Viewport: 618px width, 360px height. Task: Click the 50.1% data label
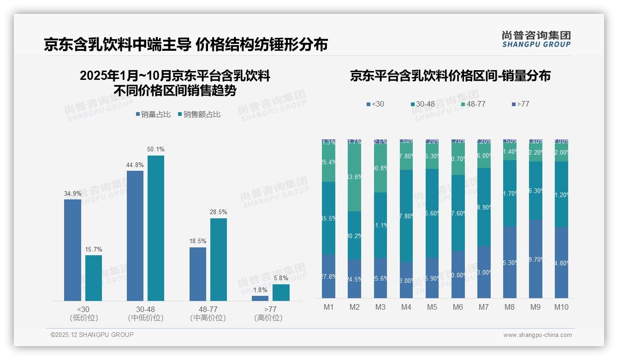pos(155,150)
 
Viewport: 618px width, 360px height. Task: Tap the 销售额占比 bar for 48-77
pos(219,259)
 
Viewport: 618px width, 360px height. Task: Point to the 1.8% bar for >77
pos(260,298)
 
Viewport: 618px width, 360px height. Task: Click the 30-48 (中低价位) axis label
pos(146,313)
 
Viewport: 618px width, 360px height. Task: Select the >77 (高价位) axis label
pos(268,313)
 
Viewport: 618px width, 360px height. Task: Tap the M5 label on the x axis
pos(432,307)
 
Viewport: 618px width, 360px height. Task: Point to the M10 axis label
pos(561,307)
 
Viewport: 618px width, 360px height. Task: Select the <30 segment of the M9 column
pos(535,259)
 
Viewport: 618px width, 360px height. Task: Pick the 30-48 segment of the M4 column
pos(406,216)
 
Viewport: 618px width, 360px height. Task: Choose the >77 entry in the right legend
pos(520,104)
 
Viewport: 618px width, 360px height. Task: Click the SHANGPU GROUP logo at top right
pos(536,39)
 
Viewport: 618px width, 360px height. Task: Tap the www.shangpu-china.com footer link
pos(537,335)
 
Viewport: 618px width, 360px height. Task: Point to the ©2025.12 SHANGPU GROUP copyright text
pos(92,335)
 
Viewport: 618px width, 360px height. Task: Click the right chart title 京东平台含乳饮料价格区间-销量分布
pos(450,76)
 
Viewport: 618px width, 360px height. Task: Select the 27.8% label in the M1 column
pos(328,276)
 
